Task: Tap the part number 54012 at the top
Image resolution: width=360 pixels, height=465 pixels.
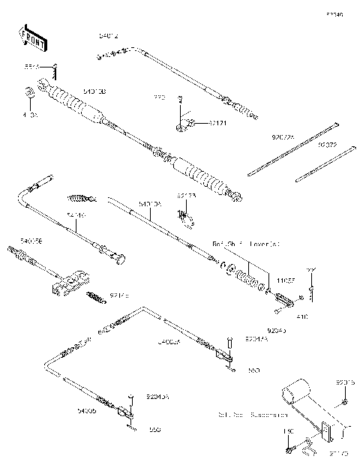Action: (x=109, y=36)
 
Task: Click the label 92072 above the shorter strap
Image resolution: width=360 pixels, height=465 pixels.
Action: (x=326, y=144)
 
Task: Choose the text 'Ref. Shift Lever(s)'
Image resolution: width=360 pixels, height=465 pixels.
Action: (x=246, y=244)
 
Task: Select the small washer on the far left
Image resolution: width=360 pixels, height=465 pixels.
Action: (x=29, y=93)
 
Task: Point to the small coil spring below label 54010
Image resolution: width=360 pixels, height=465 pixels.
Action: (x=81, y=199)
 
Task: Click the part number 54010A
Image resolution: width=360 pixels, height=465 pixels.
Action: (x=150, y=203)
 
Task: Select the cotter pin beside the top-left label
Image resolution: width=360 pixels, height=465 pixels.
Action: (x=54, y=70)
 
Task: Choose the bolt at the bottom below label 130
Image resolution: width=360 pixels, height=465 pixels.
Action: (x=288, y=450)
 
